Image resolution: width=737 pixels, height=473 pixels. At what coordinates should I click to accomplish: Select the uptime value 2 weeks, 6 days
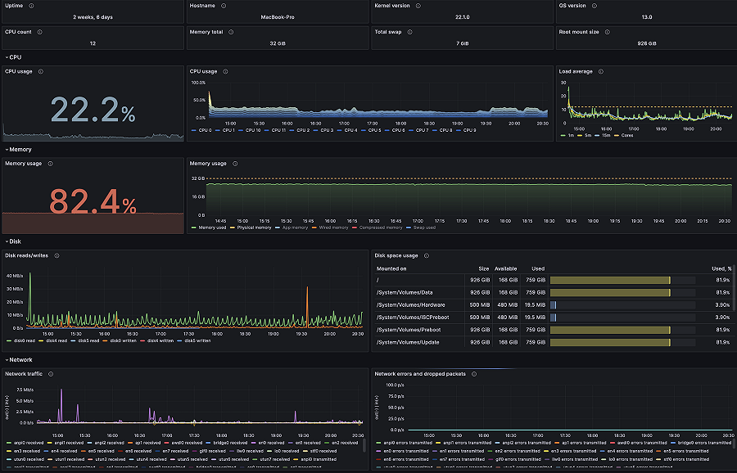(x=92, y=16)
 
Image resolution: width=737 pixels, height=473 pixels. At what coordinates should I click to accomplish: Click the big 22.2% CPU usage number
(x=93, y=110)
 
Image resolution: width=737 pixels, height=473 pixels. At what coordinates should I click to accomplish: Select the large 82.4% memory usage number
(x=93, y=200)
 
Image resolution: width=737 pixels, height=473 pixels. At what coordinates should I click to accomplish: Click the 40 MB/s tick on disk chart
(x=15, y=276)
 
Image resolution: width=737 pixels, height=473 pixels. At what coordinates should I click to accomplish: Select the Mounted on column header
(x=391, y=268)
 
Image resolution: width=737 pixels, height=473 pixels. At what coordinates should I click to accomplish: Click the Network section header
(x=20, y=359)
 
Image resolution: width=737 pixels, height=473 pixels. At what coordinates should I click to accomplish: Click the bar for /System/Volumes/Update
(x=610, y=342)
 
